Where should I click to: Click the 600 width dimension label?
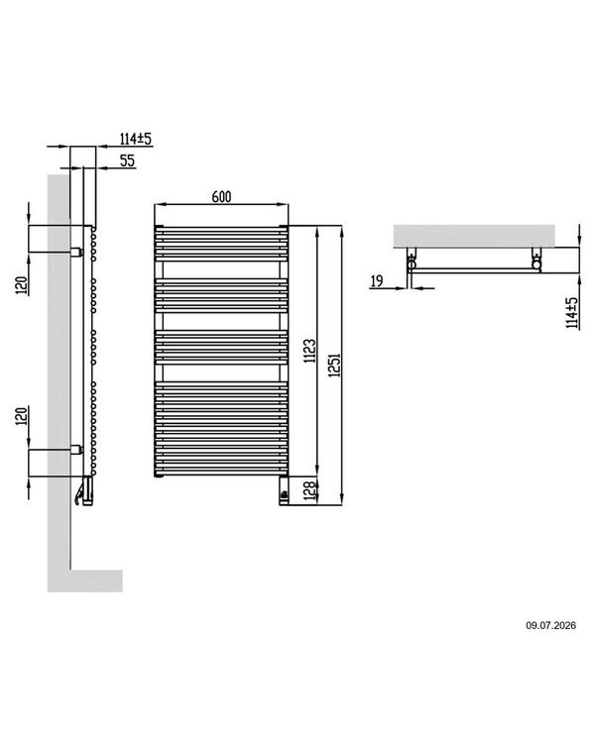click(221, 197)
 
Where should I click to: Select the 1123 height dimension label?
click(309, 351)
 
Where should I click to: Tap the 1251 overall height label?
click(335, 365)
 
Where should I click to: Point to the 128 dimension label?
click(309, 490)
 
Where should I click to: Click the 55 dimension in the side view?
click(127, 160)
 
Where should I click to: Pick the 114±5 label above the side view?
click(136, 139)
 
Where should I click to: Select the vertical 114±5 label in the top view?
click(571, 313)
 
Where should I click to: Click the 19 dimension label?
click(376, 280)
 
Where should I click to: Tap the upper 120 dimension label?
click(22, 286)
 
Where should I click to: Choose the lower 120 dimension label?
click(22, 416)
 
